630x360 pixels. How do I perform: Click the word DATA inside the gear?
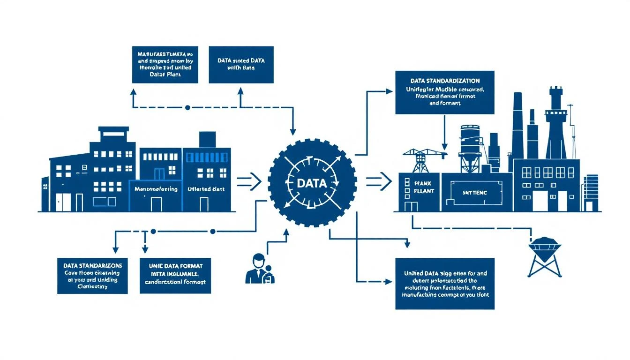pos(312,183)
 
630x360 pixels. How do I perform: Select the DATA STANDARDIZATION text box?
pos(444,92)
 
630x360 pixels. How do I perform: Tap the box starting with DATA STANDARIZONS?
pos(92,276)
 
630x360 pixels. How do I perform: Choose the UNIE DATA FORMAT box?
pos(175,276)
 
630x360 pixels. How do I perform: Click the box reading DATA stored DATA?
pos(241,65)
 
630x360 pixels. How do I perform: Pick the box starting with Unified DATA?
pos(444,283)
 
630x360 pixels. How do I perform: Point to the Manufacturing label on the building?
pos(156,189)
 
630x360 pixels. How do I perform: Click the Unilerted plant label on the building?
pos(206,189)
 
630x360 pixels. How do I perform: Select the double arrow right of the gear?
pos(378,181)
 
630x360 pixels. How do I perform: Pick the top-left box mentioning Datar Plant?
pos(165,65)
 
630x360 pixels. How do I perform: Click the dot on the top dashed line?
pos(187,107)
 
